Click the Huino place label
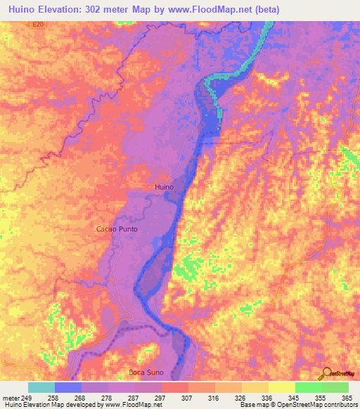click(163, 188)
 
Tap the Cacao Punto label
click(117, 230)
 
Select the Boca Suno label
click(146, 372)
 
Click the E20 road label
click(37, 24)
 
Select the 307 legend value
click(187, 396)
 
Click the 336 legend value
click(267, 396)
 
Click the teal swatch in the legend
click(41, 387)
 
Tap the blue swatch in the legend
click(68, 387)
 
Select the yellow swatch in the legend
click(281, 387)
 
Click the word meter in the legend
click(10, 396)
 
